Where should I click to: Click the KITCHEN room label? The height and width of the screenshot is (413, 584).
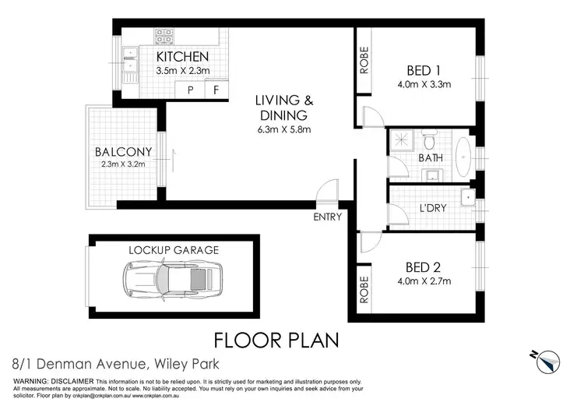click(x=183, y=57)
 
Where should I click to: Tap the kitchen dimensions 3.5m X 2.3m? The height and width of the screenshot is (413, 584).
click(x=182, y=72)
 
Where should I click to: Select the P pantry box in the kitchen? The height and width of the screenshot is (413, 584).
click(x=190, y=90)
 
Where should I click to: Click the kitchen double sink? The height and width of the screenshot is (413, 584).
click(x=129, y=60)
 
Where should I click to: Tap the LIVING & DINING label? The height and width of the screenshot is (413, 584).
click(x=285, y=108)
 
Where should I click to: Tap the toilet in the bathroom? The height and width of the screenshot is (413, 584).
click(x=428, y=142)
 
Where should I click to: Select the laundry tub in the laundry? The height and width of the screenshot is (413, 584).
click(x=466, y=197)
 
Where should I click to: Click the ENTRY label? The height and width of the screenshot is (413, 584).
click(x=328, y=217)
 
